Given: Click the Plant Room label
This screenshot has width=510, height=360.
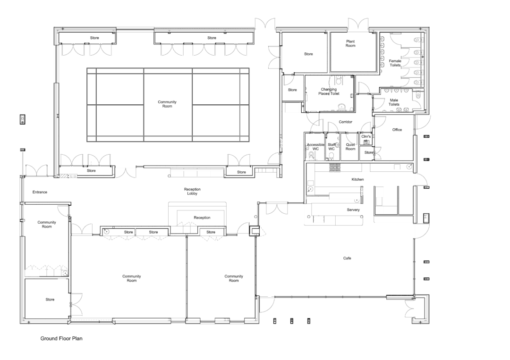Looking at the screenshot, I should pos(350,43).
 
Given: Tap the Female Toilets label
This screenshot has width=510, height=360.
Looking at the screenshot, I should pos(395,63).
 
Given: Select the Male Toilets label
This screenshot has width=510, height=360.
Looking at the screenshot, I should pos(394,102).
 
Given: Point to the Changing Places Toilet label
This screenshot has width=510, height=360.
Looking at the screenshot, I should pos(329,92).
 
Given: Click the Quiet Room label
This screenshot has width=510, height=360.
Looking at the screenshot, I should pos(350,147).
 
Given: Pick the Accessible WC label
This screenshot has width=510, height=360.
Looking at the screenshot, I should pos(315,147).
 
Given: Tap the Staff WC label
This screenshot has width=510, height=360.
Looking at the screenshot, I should pos(331,147).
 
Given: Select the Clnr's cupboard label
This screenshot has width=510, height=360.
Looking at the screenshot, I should pos(366,137).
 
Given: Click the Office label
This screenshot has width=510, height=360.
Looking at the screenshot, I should pos(397,130).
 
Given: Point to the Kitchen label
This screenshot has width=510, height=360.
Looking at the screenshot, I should pos(357,180).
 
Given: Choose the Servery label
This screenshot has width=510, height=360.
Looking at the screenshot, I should pos(353,209).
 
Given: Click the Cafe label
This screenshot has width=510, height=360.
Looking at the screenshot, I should pos(347,258).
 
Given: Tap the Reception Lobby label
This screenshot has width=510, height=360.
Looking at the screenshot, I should pos(192,191).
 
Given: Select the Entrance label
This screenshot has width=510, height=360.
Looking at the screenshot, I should pos(40,192).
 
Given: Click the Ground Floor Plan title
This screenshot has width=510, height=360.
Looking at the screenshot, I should pos(61,338).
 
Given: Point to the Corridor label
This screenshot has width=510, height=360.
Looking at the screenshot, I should pos(346,122).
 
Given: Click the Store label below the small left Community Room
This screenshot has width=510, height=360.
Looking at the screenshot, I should pos(50,300).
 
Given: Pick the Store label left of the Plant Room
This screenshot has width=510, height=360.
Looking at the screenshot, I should pos(308,54).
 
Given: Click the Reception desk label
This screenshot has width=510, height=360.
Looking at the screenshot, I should pos(202,218).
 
